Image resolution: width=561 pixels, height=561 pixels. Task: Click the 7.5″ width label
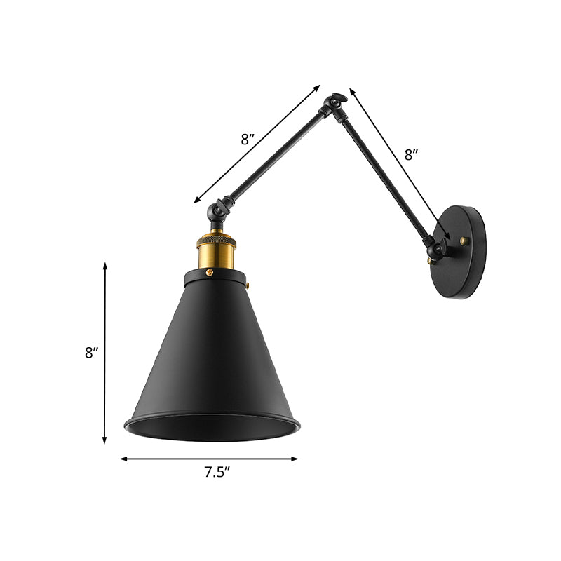click(217, 473)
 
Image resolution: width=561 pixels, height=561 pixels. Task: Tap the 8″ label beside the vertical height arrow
click(92, 353)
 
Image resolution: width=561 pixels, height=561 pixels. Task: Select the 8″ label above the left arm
click(248, 139)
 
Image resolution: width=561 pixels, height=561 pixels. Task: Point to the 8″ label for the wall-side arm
click(412, 156)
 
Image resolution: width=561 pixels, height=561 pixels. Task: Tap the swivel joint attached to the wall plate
click(438, 248)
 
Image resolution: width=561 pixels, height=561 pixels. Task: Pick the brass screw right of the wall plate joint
click(464, 241)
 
